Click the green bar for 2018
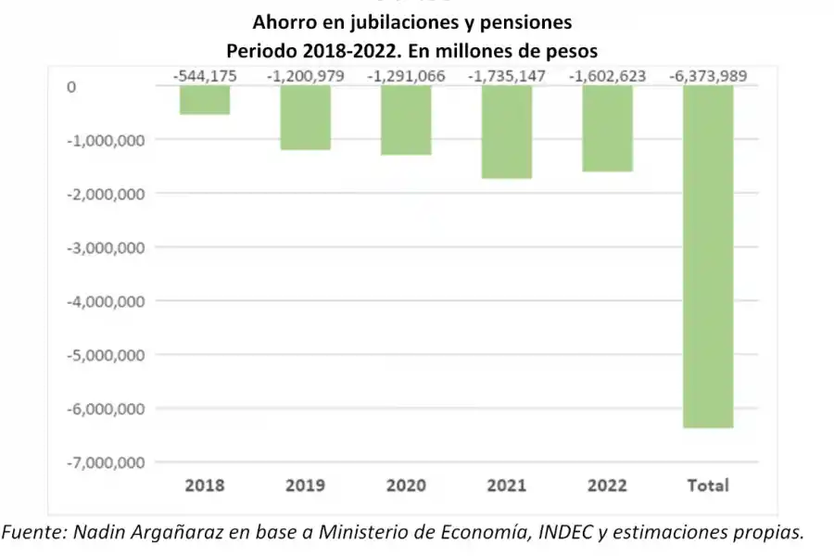(x=205, y=100)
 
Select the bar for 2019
(x=305, y=118)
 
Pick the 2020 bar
(x=406, y=120)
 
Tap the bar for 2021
(x=507, y=132)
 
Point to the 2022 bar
(x=608, y=129)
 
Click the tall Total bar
(x=708, y=257)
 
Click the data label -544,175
(x=205, y=76)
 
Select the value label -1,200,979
(x=305, y=76)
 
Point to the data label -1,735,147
(x=507, y=76)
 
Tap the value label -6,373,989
(x=708, y=76)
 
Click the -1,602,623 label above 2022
(x=608, y=76)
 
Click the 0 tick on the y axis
(x=70, y=87)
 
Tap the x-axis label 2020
(x=406, y=486)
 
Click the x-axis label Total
(x=708, y=486)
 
